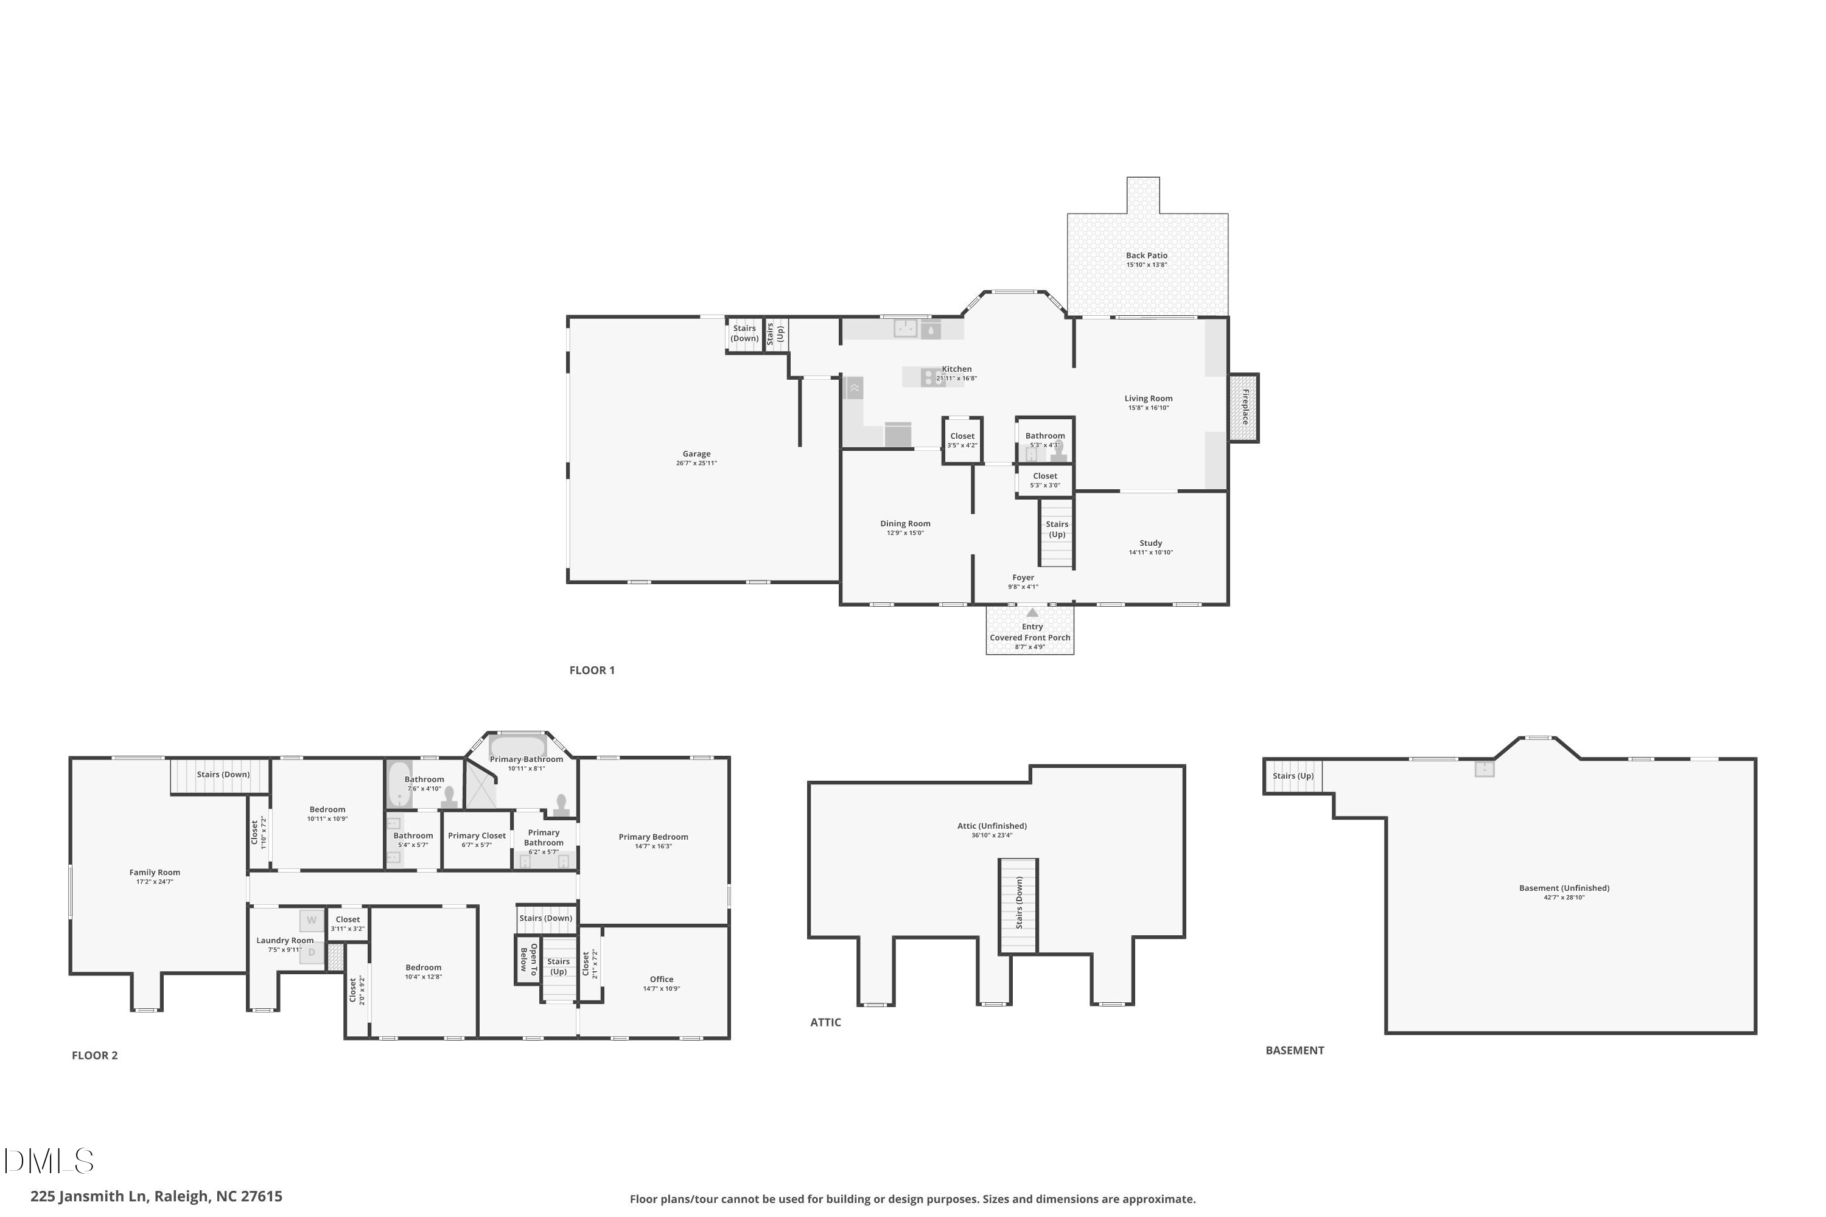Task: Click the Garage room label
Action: pyautogui.click(x=696, y=454)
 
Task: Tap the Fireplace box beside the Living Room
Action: pyautogui.click(x=1244, y=408)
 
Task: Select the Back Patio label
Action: pyautogui.click(x=1147, y=256)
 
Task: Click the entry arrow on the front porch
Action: pyautogui.click(x=1032, y=612)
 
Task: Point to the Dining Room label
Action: pyautogui.click(x=905, y=524)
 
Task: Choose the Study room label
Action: pyautogui.click(x=1150, y=543)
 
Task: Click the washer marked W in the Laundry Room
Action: pyautogui.click(x=311, y=921)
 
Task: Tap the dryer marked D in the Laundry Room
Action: pyautogui.click(x=311, y=952)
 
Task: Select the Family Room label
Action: pyautogui.click(x=155, y=873)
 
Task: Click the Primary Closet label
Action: pyautogui.click(x=477, y=836)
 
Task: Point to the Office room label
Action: pyautogui.click(x=662, y=980)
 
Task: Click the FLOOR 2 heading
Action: pyautogui.click(x=95, y=1056)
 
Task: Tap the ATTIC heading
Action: pyautogui.click(x=825, y=1022)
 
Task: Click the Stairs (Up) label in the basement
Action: pyautogui.click(x=1293, y=776)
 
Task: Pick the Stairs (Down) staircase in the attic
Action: pyautogui.click(x=1018, y=906)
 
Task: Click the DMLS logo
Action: pyautogui.click(x=49, y=1161)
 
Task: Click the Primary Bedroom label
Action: pyautogui.click(x=653, y=837)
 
